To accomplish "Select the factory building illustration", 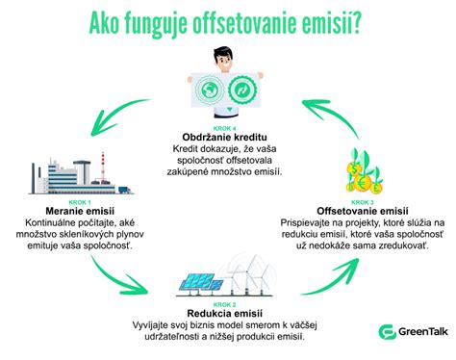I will pyautogui.click(x=67, y=170).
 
